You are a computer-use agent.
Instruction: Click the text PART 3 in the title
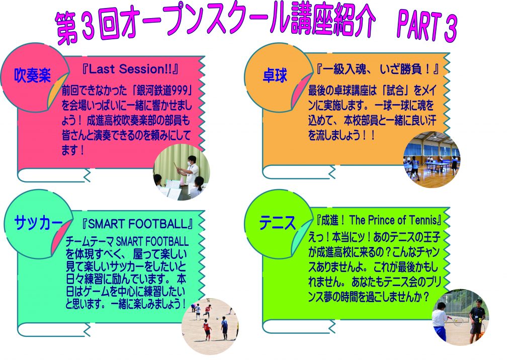pyautogui.click(x=427, y=27)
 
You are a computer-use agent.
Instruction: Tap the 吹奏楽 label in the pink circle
pyautogui.click(x=32, y=75)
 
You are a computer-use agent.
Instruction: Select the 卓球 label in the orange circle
pyautogui.click(x=275, y=75)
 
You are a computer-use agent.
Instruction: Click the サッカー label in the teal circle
pyautogui.click(x=38, y=223)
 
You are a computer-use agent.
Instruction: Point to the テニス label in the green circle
pyautogui.click(x=278, y=223)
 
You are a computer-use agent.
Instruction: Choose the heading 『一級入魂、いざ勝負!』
pyautogui.click(x=377, y=69)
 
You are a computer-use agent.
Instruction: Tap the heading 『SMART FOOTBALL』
pyautogui.click(x=137, y=224)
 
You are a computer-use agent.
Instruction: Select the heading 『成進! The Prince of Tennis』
pyautogui.click(x=378, y=220)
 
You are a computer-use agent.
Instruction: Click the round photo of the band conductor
pyautogui.click(x=181, y=172)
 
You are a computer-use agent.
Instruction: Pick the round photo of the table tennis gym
pyautogui.click(x=431, y=159)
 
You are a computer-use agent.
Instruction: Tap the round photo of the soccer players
pyautogui.click(x=210, y=326)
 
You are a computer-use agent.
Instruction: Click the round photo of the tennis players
pyautogui.click(x=460, y=317)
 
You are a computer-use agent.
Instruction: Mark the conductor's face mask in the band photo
pyautogui.click(x=190, y=162)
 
